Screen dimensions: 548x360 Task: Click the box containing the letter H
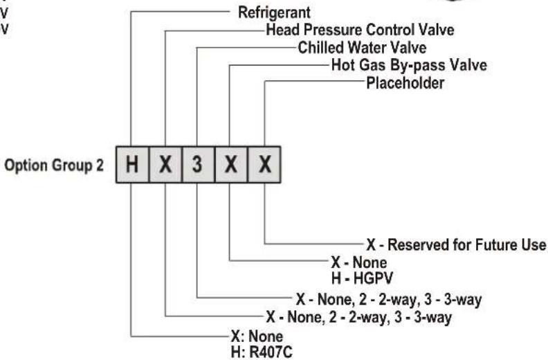coord(132,165)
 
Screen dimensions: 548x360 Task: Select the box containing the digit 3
coord(198,165)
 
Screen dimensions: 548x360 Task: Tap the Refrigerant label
coord(274,12)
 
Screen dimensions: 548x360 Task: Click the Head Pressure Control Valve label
coord(360,30)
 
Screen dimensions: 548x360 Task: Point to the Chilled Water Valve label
coord(362,48)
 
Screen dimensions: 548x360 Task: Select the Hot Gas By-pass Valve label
coord(409,65)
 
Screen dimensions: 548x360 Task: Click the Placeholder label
coord(405,83)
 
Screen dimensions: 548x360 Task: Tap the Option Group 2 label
coord(54,165)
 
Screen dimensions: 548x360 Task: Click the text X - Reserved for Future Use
coord(456,244)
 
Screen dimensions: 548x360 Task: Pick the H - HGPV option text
coord(362,278)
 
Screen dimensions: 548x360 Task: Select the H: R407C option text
coord(262,352)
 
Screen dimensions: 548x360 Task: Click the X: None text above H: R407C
coord(257,336)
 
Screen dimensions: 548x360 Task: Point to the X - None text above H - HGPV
coord(359,262)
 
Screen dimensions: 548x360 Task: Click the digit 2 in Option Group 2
coord(100,165)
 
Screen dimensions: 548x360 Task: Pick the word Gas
coord(371,65)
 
